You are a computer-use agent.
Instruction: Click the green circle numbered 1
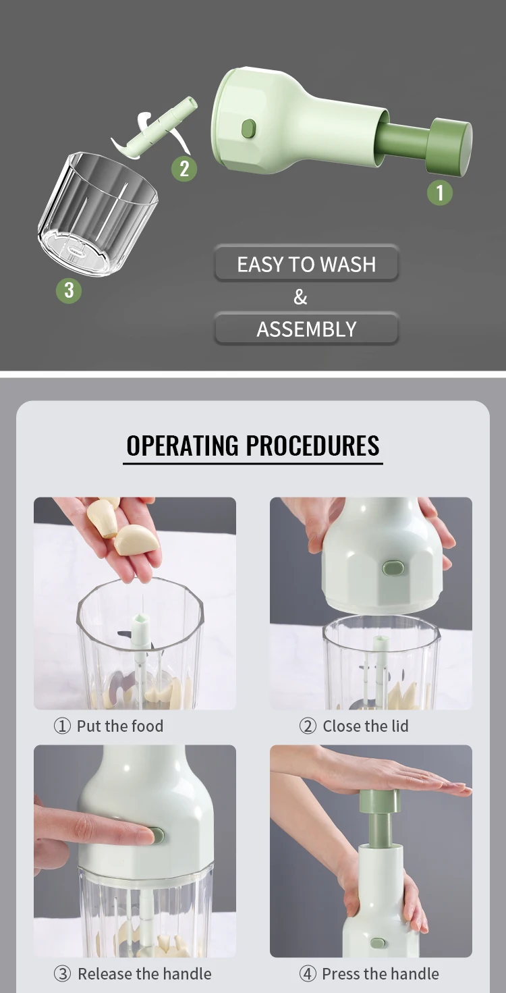(x=440, y=193)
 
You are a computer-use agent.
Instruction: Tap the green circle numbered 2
(x=184, y=168)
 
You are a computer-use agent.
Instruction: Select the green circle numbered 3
(x=68, y=291)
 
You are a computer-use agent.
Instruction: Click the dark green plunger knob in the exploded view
(x=450, y=146)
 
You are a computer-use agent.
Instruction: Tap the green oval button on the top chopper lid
(x=249, y=128)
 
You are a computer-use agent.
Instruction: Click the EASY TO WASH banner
(x=306, y=264)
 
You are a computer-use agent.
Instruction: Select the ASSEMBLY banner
(x=306, y=329)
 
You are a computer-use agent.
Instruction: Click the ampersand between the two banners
(x=300, y=297)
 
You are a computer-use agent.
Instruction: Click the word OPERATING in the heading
(x=182, y=446)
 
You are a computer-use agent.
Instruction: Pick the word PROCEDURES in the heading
(x=312, y=446)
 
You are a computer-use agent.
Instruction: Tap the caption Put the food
(x=119, y=726)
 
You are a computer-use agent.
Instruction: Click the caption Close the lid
(x=365, y=726)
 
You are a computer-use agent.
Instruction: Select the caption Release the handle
(x=144, y=974)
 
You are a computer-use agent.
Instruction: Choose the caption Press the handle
(x=380, y=974)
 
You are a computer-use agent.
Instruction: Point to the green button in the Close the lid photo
(x=393, y=568)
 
